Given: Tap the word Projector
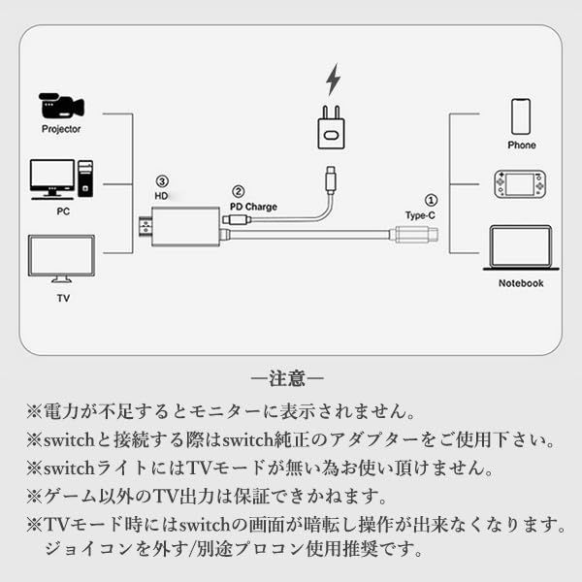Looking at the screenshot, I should tap(61, 129).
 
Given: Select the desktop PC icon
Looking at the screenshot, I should tap(61, 179).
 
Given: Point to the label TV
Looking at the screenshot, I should tap(62, 299).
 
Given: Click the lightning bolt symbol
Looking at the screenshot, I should tap(334, 79).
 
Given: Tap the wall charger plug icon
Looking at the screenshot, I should tap(331, 128).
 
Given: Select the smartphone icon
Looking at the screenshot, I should tap(521, 116).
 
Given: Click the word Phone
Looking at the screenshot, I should tap(521, 145).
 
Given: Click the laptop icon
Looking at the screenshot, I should tap(520, 247).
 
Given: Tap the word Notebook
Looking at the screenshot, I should tap(521, 283).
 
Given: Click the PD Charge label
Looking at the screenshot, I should tap(253, 207).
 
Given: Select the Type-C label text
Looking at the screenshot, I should tap(422, 214).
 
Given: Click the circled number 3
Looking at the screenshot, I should tap(162, 180).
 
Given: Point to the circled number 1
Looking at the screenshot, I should tap(431, 198).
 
